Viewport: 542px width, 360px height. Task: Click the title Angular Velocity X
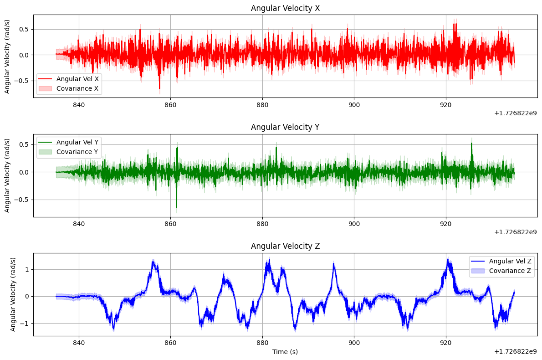(285, 8)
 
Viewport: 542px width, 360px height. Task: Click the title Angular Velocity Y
(285, 127)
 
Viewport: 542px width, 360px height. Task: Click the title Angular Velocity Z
(285, 247)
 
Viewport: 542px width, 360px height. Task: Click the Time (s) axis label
(285, 352)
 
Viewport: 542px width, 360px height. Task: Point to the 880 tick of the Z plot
(262, 343)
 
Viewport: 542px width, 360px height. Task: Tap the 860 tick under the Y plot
(170, 224)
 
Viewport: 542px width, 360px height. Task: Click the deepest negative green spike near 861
(177, 207)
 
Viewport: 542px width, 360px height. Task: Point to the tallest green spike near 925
(471, 144)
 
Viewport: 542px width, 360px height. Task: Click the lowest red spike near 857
(159, 88)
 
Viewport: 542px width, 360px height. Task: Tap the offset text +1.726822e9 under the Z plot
(515, 351)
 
